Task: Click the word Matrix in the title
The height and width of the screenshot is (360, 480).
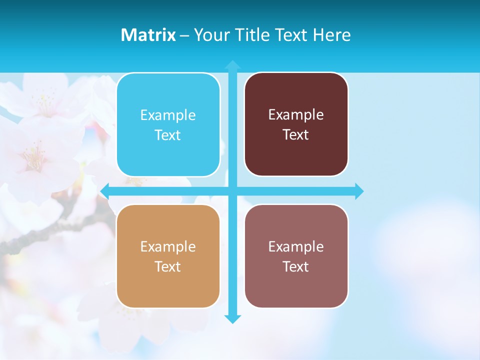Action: click(148, 35)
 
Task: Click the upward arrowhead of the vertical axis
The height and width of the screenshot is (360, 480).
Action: click(232, 64)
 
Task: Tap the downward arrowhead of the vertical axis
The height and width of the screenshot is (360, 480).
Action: click(232, 319)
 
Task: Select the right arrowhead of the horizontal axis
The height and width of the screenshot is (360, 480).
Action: click(359, 191)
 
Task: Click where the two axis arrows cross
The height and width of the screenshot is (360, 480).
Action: click(232, 191)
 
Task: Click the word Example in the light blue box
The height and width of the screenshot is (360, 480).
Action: click(168, 115)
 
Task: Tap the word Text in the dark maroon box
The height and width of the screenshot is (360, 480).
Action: click(296, 135)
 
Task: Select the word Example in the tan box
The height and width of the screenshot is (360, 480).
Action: click(168, 247)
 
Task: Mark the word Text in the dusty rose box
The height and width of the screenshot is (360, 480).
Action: click(296, 267)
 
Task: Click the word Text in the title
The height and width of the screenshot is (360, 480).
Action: click(289, 35)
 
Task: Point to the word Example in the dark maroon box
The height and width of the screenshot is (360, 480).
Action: click(296, 115)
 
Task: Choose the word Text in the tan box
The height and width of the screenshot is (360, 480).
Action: click(168, 267)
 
